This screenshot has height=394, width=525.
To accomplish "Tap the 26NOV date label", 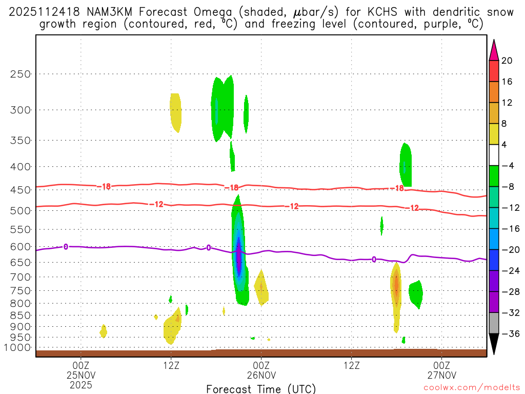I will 261,375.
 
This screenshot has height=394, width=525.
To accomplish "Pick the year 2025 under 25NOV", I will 81,384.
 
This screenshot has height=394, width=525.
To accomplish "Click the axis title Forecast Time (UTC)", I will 261,389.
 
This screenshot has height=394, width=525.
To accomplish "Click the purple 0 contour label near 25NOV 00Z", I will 66,247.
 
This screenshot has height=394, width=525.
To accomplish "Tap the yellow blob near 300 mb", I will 175,112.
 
